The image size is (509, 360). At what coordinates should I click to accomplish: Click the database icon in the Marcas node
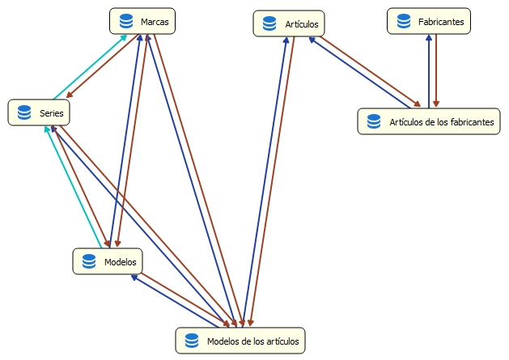125,22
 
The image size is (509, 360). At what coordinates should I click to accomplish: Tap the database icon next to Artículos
269,24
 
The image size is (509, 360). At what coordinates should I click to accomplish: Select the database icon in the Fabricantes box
403,22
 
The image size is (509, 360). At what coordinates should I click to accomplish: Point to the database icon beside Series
23,112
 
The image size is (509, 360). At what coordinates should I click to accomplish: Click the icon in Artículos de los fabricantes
374,121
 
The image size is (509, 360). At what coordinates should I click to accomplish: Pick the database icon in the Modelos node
88,261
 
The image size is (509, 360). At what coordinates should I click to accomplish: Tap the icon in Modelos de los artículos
192,341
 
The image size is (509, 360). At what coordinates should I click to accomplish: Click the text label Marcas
154,22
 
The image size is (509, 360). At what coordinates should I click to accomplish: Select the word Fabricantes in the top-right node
441,22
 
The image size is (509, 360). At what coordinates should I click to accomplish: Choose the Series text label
51,112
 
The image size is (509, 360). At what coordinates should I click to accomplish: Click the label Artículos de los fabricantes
441,121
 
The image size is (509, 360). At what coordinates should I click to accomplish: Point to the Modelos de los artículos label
253,341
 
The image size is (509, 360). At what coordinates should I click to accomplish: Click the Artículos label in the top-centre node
300,24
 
